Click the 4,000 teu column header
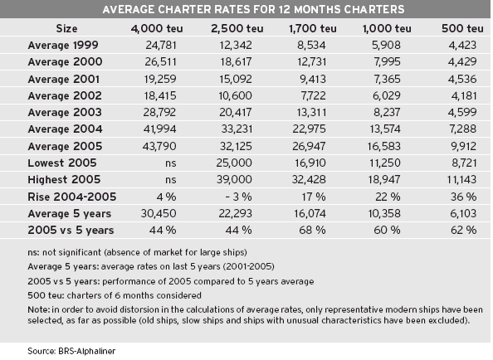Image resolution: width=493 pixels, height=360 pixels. [157, 28]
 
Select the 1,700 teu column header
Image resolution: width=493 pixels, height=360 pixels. [313, 28]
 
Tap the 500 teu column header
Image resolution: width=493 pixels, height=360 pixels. [462, 28]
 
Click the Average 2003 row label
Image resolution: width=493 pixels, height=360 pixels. [65, 113]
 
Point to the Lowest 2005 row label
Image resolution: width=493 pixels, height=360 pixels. [62, 163]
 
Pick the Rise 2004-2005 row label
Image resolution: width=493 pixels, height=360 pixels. [72, 197]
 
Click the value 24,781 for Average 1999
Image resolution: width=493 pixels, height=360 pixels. [161, 46]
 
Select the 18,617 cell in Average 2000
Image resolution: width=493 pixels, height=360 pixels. [236, 62]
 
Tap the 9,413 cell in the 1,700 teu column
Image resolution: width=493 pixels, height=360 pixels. [313, 79]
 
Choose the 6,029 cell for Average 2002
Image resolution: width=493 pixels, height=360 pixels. [387, 96]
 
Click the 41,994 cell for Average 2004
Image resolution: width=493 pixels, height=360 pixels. [159, 129]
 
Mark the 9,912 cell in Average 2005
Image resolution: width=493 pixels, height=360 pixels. [462, 146]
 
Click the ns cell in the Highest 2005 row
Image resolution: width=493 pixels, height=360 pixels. [171, 180]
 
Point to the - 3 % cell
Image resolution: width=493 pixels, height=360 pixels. [239, 197]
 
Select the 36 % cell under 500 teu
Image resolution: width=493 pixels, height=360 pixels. [463, 197]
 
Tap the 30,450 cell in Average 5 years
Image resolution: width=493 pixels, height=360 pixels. [159, 214]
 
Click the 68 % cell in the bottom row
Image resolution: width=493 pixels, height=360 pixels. [312, 231]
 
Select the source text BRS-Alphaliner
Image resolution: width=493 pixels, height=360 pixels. [87, 351]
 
